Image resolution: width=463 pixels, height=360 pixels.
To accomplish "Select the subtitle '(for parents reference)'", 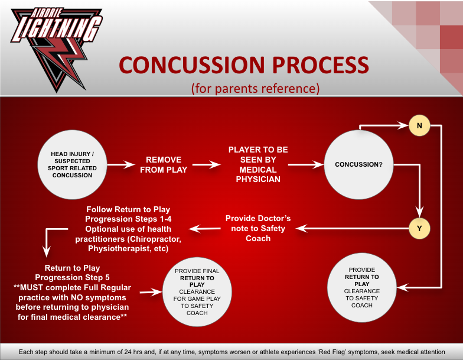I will click(x=255, y=89).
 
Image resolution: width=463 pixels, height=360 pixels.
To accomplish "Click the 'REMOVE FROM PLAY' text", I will click(x=164, y=165).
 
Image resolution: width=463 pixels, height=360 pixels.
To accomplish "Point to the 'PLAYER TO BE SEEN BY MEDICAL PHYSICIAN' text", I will click(x=258, y=164).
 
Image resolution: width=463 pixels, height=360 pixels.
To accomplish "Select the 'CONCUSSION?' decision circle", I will click(x=358, y=164).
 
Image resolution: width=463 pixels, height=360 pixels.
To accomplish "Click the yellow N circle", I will click(x=419, y=125).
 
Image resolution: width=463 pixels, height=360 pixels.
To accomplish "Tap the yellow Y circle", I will click(x=420, y=226).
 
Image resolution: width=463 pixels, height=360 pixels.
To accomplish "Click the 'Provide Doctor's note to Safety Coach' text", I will click(x=258, y=228).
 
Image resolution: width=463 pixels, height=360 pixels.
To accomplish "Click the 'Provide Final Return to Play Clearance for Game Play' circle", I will click(x=197, y=291).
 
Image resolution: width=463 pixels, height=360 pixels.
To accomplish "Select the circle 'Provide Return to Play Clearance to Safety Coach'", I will click(x=362, y=287).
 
